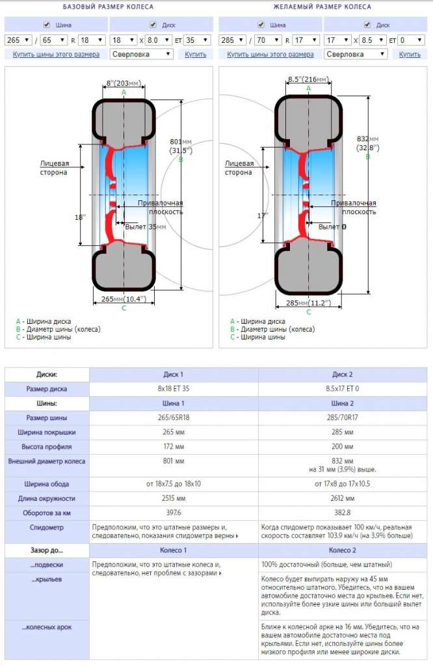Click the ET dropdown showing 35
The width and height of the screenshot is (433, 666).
tap(197, 40)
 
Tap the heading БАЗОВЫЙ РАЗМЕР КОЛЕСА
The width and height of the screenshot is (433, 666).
tap(109, 7)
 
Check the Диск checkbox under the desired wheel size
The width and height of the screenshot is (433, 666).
tap(367, 25)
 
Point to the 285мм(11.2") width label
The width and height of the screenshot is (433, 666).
tap(308, 302)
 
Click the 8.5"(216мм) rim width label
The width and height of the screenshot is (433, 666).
tap(308, 80)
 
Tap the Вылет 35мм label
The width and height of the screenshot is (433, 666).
tap(145, 227)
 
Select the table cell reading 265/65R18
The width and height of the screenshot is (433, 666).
tap(174, 418)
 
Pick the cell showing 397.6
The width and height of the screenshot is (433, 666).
tap(174, 513)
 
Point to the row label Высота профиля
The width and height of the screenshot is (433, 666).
tap(47, 447)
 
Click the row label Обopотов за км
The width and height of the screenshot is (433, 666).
tap(47, 513)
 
